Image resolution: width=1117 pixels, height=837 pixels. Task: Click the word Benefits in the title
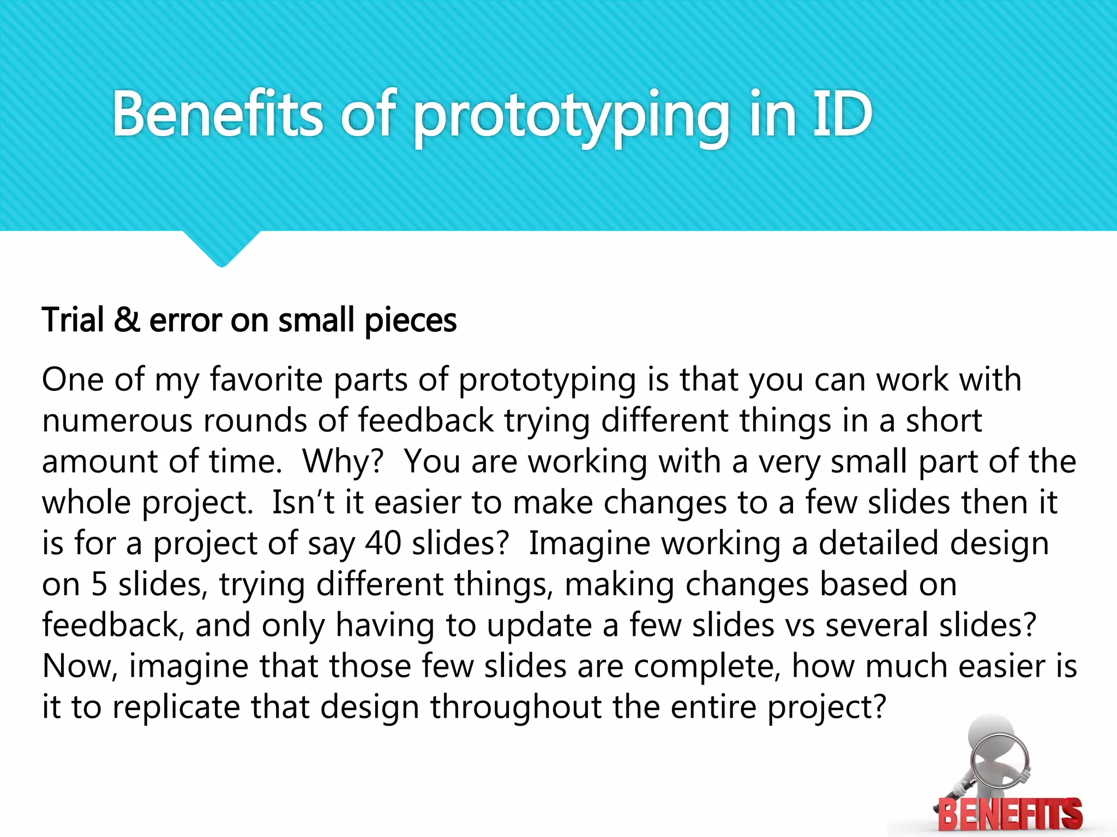218,114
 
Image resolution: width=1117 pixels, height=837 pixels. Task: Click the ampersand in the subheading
127,320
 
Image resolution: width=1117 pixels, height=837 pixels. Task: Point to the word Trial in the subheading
73,320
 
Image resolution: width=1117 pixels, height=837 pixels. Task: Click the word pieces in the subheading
410,322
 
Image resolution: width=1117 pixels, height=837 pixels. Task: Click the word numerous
117,421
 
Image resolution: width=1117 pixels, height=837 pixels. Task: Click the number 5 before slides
99,584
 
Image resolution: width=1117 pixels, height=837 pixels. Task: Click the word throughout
516,707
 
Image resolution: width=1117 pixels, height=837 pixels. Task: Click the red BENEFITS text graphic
1010,815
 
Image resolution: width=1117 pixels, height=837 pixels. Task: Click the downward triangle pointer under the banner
221,248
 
